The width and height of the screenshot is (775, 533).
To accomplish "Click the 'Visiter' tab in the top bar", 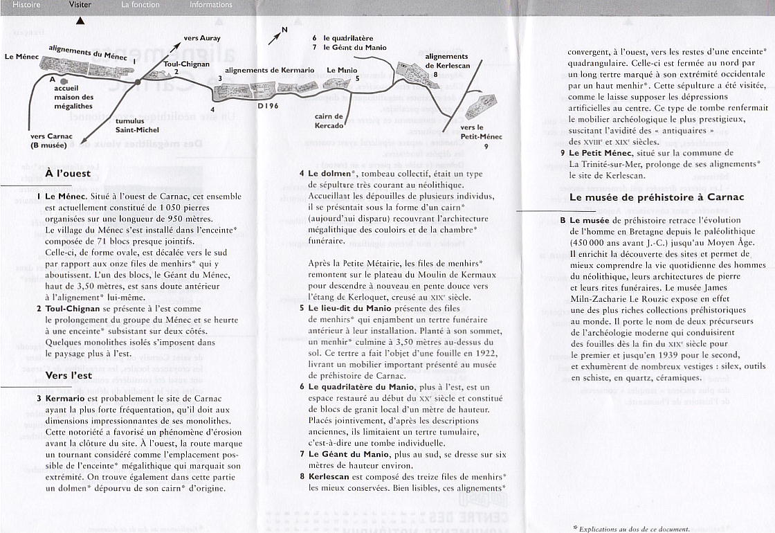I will pos(80,5).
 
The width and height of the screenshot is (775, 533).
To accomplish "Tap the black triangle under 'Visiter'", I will pos(80,21).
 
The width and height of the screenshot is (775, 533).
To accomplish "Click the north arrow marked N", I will pos(277,36).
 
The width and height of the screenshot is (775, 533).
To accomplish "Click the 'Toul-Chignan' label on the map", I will pos(181,64).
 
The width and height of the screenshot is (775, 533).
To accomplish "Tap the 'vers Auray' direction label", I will pos(202,38).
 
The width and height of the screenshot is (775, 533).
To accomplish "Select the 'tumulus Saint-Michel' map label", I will pos(137,125).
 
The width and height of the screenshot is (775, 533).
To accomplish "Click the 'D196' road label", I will pos(268,106).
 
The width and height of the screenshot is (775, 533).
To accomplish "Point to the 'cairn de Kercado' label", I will pos(329,121).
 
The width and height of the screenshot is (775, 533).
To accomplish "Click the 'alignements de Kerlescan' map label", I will pos(447,60).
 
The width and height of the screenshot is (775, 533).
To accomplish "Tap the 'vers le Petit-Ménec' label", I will pos(481,132).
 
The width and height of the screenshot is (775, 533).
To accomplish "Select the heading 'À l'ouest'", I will pos(68,173).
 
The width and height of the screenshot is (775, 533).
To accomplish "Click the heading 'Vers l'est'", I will pos(69,375).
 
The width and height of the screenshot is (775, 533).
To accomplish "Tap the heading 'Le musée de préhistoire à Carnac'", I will pos(657,197).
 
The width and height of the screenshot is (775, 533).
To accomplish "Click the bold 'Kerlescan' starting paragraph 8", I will pos(329,477).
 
